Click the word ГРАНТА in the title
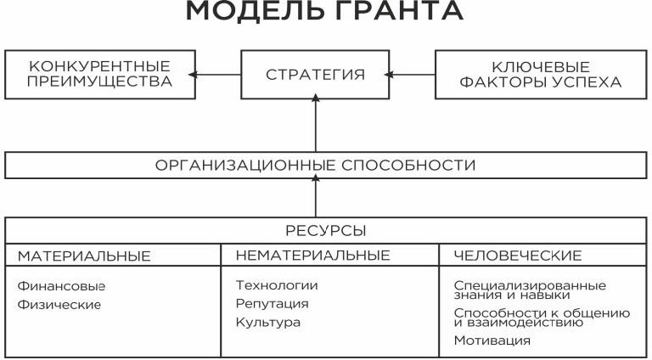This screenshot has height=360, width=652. click(x=391, y=13)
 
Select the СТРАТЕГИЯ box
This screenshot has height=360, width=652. click(x=316, y=75)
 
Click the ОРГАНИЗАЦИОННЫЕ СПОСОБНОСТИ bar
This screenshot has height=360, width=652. click(x=327, y=165)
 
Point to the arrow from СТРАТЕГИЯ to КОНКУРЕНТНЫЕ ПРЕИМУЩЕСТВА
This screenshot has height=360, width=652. click(x=215, y=75)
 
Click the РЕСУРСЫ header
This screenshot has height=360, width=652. click(x=327, y=231)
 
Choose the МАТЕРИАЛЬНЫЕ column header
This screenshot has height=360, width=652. click(x=84, y=255)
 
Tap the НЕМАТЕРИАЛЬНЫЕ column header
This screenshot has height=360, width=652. click(x=313, y=255)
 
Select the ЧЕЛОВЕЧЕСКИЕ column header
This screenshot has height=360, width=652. click(x=518, y=255)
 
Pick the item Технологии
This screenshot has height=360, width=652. click(x=277, y=285)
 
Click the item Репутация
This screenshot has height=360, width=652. click(x=273, y=303)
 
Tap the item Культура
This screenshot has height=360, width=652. click(x=268, y=322)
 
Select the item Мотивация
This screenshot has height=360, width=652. click(x=492, y=340)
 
